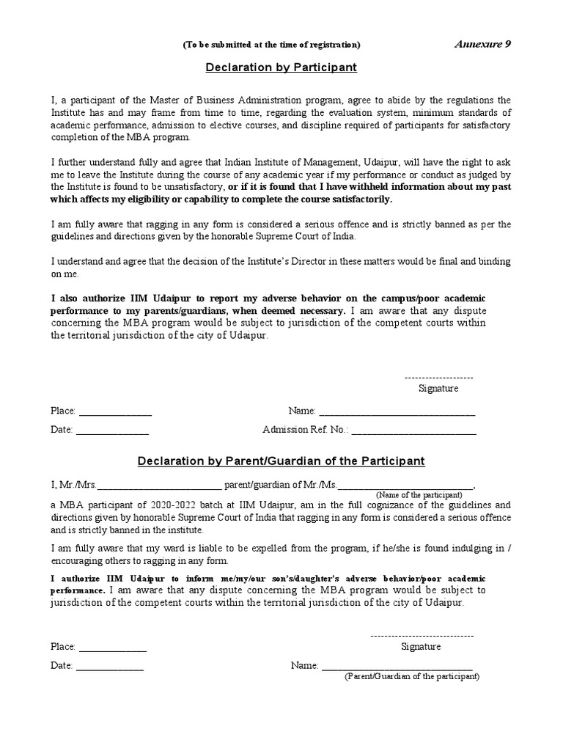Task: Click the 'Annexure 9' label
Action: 484,44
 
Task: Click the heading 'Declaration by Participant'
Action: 281,67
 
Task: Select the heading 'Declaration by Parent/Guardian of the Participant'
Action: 281,461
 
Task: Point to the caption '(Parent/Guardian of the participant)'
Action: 412,676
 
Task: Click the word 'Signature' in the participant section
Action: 438,389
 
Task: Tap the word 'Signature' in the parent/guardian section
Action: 421,647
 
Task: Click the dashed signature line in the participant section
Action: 438,375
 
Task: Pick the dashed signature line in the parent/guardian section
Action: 422,635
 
